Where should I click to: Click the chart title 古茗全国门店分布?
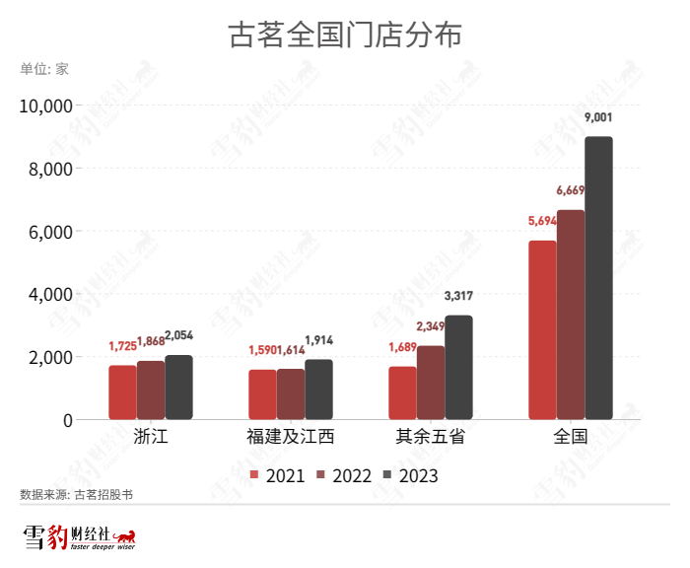(345, 35)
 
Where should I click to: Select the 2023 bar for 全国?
(598, 278)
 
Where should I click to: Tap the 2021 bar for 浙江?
(122, 392)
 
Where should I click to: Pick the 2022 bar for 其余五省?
(431, 383)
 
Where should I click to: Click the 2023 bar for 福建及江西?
(318, 390)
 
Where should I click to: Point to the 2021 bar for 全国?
(542, 330)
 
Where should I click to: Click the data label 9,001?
(598, 117)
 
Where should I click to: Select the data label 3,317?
(458, 296)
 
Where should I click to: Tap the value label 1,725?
(122, 346)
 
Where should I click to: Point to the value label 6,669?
(571, 190)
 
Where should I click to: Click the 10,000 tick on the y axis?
(46, 106)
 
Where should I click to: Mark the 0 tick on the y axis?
(67, 420)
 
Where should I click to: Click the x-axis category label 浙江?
(150, 436)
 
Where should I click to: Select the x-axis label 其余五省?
(430, 436)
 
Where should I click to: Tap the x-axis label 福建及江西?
(290, 436)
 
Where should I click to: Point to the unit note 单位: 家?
(44, 69)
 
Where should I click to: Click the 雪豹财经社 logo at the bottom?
(79, 538)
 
